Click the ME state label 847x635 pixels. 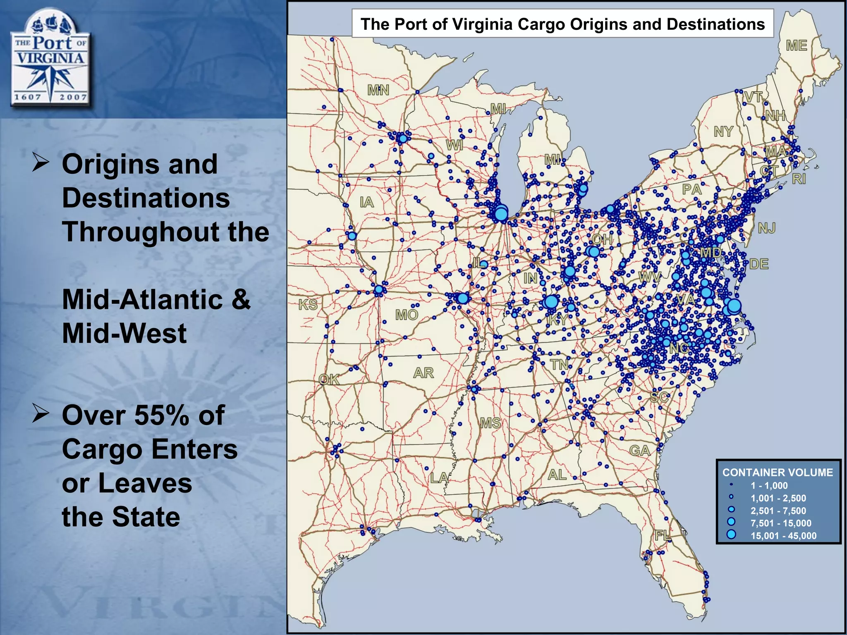pos(797,45)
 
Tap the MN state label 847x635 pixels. pos(378,90)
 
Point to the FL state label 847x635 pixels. pos(663,536)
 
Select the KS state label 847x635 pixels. pos(308,305)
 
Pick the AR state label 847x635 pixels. pos(423,373)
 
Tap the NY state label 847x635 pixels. pos(723,131)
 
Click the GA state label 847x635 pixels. pos(639,450)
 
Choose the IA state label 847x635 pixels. pos(367,202)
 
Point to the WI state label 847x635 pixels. pos(454,145)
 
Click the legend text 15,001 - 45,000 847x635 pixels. pos(783,536)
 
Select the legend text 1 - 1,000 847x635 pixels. pos(769,486)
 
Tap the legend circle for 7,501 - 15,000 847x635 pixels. pos(731,522)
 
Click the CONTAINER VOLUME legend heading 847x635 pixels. pos(778,473)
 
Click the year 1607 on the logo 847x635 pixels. pos(28,97)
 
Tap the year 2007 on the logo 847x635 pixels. pos(73,97)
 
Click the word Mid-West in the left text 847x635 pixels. pos(124,333)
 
